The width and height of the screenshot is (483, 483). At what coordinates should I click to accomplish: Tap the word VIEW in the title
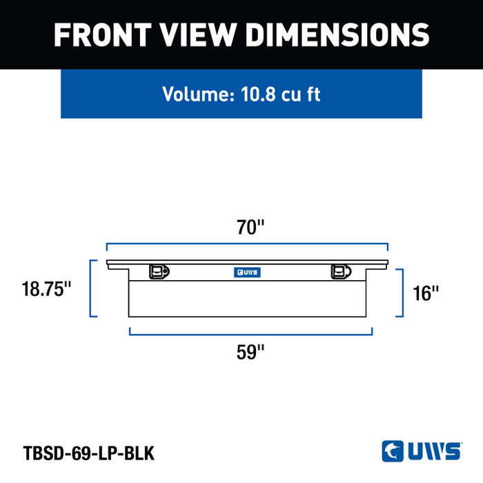[x=199, y=34]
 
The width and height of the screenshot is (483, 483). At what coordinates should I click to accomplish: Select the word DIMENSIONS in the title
[x=337, y=34]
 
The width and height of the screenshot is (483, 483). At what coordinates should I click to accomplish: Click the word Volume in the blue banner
[x=199, y=94]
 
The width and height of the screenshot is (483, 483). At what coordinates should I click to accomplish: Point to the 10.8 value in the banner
[x=258, y=94]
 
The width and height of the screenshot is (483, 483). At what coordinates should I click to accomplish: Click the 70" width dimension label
[x=250, y=227]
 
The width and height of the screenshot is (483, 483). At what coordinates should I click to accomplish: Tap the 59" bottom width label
[x=250, y=352]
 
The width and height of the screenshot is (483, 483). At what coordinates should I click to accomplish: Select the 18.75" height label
[x=46, y=289]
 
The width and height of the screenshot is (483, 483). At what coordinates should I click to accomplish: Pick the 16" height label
[x=426, y=293]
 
